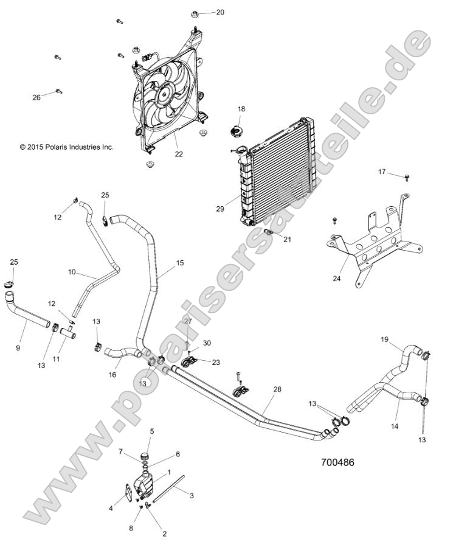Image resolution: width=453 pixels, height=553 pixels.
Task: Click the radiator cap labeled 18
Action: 235,130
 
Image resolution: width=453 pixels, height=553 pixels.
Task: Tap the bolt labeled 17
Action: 407,176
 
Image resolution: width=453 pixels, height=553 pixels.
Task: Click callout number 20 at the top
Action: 220,12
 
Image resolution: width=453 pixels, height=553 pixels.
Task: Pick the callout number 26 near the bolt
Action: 36,97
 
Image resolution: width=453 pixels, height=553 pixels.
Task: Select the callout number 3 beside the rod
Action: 192,495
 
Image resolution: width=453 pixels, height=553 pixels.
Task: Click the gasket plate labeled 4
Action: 126,493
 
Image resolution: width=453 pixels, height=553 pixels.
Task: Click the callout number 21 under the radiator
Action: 287,239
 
